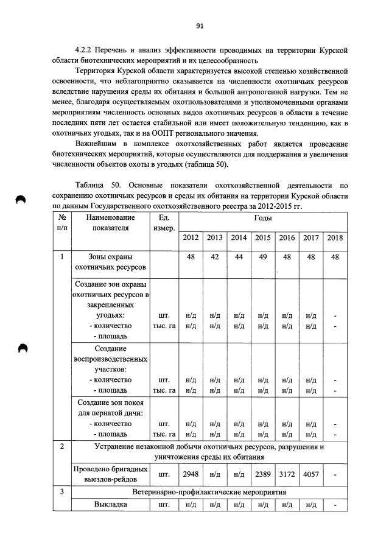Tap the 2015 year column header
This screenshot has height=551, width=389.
(263, 237)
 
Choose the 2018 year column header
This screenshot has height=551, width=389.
(335, 237)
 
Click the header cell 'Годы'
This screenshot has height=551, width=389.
(263, 217)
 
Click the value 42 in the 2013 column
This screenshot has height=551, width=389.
(214, 258)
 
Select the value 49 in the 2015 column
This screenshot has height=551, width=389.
(263, 258)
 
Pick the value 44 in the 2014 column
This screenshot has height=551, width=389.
(239, 258)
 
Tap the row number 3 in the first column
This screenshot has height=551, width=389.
(62, 491)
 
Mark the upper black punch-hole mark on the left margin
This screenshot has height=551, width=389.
(21, 201)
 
